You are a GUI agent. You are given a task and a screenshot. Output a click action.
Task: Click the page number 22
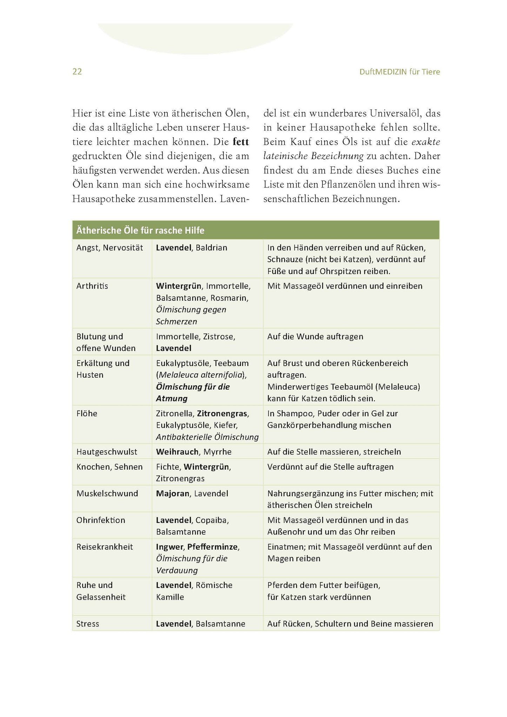[x=77, y=72]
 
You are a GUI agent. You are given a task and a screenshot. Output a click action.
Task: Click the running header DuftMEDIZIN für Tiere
[x=400, y=72]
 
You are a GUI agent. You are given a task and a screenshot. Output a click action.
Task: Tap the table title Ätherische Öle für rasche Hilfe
[x=140, y=231]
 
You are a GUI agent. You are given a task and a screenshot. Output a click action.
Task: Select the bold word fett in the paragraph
[x=241, y=142]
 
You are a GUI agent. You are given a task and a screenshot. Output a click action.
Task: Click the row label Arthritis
[x=92, y=286]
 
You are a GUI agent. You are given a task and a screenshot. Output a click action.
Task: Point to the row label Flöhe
[x=87, y=413]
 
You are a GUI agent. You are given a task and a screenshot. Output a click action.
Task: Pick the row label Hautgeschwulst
[x=107, y=452]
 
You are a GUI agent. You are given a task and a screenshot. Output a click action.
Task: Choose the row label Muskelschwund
[x=107, y=493]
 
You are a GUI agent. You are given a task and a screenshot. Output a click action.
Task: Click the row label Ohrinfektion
[x=101, y=520]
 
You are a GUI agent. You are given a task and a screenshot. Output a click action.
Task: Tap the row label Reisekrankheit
[x=105, y=547]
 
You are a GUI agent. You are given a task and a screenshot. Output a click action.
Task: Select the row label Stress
[x=88, y=624]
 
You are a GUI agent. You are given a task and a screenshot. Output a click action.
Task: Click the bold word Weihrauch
[x=178, y=452]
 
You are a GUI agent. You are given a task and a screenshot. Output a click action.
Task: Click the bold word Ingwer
[x=169, y=547]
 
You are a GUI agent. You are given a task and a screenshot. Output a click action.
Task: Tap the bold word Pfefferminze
[x=213, y=547]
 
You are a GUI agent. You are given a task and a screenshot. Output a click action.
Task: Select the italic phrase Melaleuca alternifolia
[x=201, y=375]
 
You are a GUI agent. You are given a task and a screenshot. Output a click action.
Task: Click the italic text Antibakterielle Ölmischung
[x=207, y=437]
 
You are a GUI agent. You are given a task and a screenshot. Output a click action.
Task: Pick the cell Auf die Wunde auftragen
[x=315, y=337]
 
